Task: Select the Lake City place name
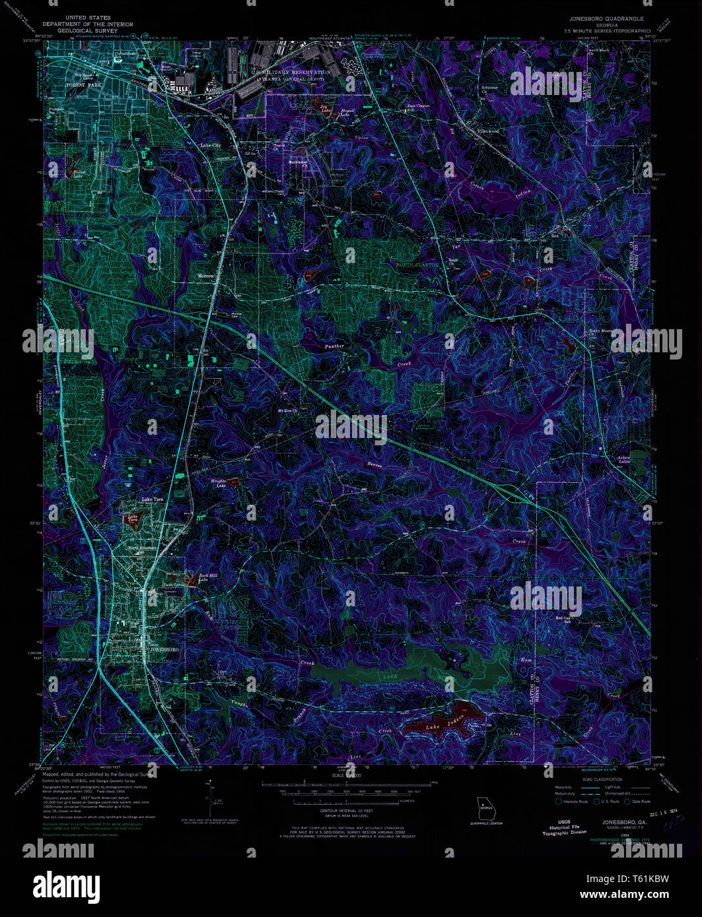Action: click(x=211, y=145)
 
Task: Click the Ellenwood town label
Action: click(x=488, y=131)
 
